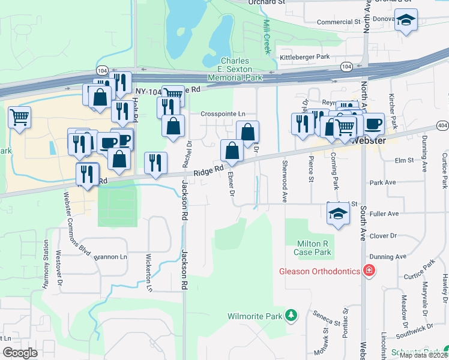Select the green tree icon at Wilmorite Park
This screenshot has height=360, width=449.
pos(291,315)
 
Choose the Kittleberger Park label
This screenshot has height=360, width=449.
pos(304,57)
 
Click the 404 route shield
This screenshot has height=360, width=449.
pos(442,125)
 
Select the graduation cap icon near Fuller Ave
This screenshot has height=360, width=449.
pos(338,213)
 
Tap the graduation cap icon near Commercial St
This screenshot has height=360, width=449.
pos(406,21)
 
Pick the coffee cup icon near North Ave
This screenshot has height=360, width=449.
pos(373,124)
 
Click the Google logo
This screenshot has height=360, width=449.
pos(20,352)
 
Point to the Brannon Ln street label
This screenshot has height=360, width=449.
pos(111,256)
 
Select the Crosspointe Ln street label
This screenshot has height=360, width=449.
pos(223,113)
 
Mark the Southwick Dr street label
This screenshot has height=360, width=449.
pos(415,330)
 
